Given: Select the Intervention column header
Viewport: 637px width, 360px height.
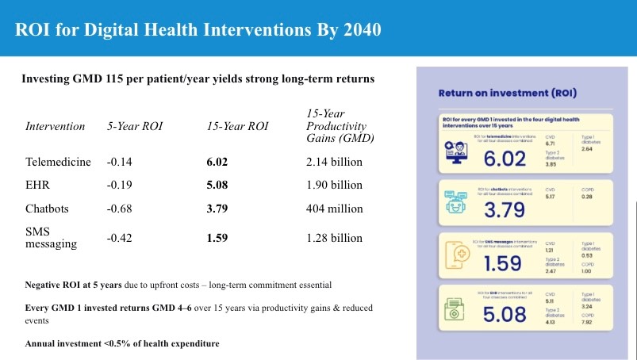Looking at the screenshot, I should tap(56, 126).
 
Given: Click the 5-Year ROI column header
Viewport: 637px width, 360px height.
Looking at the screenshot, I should tap(132, 126).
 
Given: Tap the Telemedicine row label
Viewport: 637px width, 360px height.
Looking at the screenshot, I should tap(58, 162).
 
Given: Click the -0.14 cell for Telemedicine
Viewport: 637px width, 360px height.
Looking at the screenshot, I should tap(118, 162).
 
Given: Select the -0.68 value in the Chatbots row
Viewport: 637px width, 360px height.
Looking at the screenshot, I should tap(118, 209).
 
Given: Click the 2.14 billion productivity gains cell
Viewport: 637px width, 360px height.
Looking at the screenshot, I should tap(334, 162).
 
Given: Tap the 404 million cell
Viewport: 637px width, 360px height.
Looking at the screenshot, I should tap(334, 209).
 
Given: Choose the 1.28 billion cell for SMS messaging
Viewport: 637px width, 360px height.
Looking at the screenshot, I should tap(334, 237).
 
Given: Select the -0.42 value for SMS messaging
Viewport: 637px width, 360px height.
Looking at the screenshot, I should tap(118, 237).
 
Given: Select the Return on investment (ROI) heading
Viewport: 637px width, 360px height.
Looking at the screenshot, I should tap(508, 94).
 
